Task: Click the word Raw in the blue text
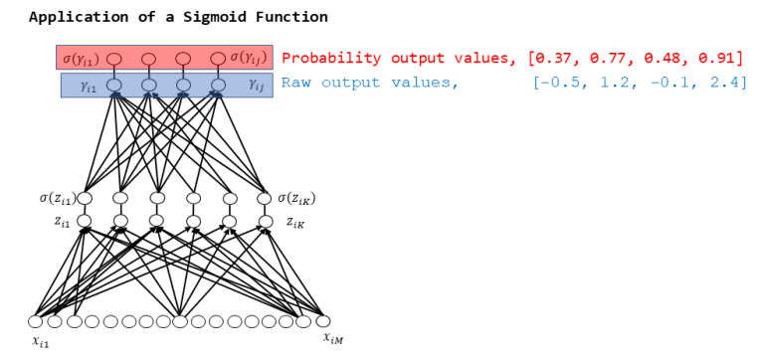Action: coord(296,83)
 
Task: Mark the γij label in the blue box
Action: coord(254,86)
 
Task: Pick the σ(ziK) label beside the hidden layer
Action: coord(297,198)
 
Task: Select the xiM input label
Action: coord(333,339)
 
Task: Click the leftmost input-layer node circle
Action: coord(36,321)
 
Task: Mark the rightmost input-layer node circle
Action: coord(322,321)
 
